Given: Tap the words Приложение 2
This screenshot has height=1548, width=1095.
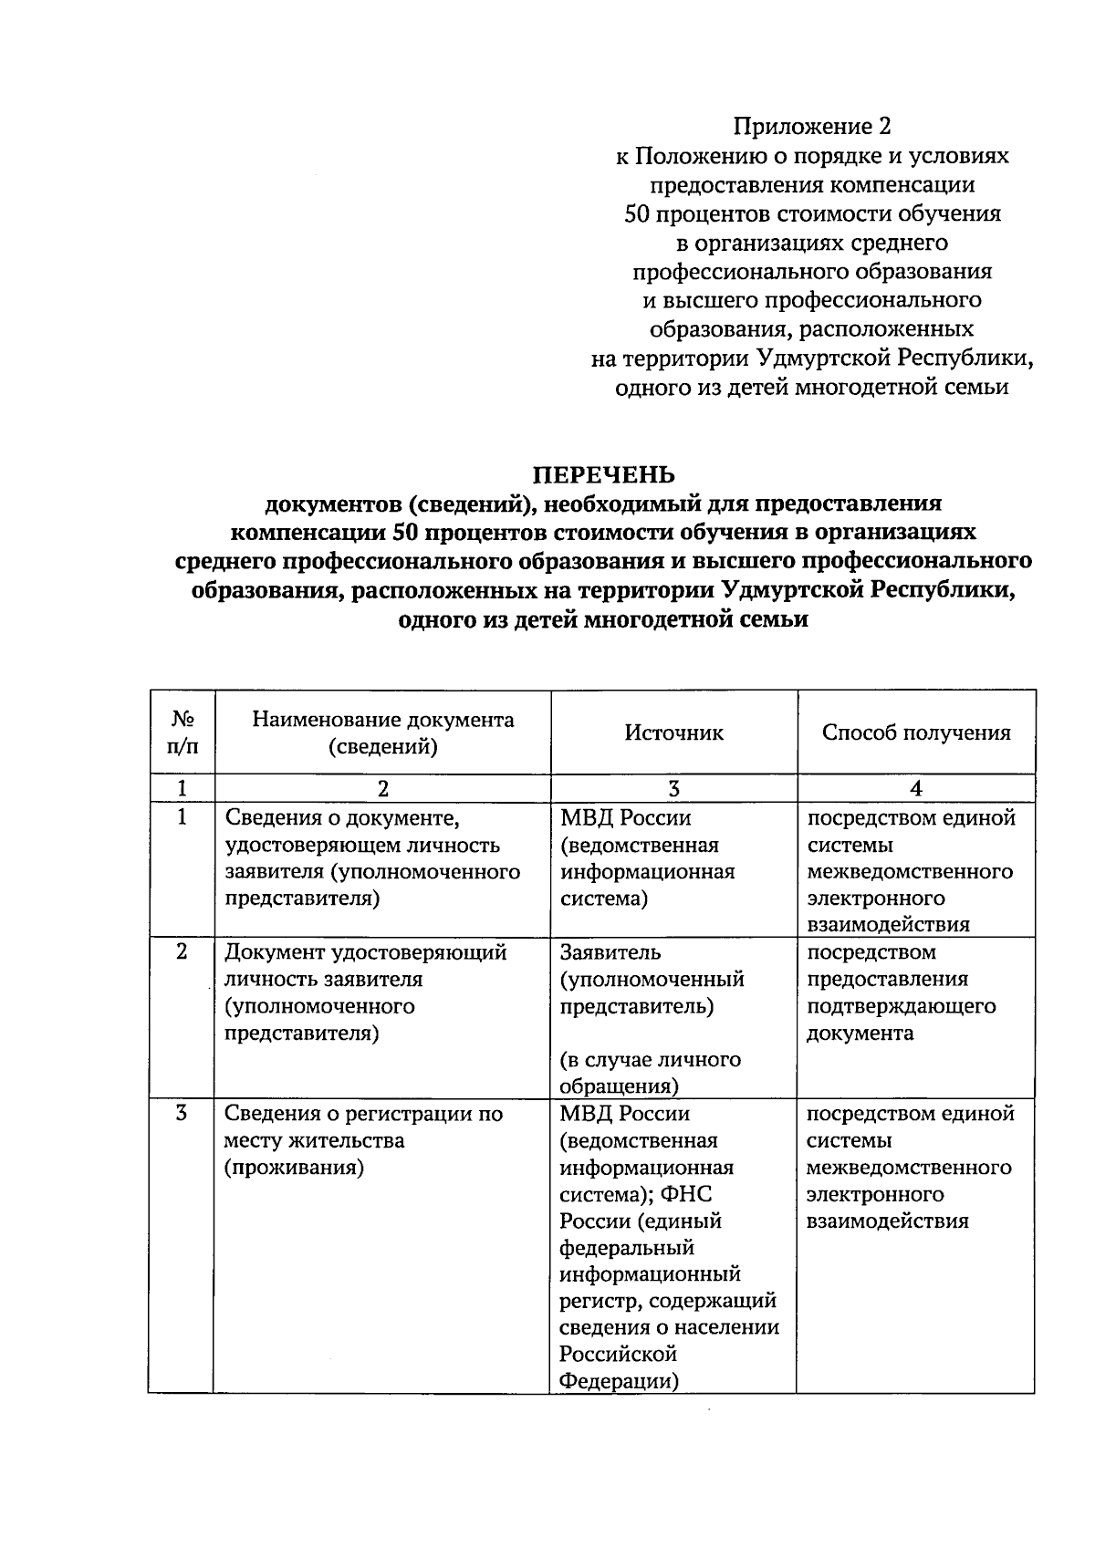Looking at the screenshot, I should [x=812, y=126].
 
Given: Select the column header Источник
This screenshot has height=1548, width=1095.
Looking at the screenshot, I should [x=673, y=732].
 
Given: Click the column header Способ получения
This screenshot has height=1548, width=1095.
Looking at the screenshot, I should [x=915, y=732].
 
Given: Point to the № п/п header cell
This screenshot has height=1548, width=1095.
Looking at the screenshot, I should [x=182, y=732].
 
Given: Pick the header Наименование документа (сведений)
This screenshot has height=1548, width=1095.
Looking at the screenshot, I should [x=382, y=732].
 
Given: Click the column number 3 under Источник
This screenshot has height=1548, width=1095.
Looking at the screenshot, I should [x=673, y=789].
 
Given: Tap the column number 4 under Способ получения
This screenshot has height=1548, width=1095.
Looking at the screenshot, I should [x=915, y=789].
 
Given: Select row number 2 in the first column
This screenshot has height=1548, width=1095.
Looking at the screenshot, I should [x=182, y=951].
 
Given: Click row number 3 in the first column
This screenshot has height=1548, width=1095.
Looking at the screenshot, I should [x=182, y=1113].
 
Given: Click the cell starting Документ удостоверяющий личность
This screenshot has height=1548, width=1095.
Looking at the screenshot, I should [x=365, y=992].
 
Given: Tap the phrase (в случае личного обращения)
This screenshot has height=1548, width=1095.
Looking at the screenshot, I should [x=649, y=1073].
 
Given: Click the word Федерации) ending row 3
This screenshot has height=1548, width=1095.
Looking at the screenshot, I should [x=619, y=1381].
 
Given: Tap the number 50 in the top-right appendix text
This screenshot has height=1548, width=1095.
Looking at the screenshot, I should [x=636, y=213].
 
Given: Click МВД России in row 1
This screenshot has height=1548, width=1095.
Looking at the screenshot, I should [x=625, y=818].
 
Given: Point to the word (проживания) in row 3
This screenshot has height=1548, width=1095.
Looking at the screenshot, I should [x=294, y=1168].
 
